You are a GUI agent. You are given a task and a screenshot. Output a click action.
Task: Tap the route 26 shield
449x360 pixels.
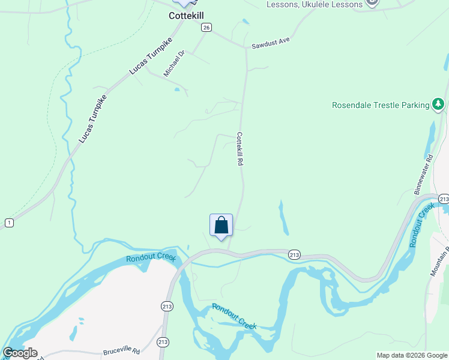[x=206, y=27]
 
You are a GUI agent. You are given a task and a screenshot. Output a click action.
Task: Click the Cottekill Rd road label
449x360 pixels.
[x=240, y=149]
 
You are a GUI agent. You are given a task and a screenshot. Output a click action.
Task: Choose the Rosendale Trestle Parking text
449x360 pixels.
[x=381, y=105]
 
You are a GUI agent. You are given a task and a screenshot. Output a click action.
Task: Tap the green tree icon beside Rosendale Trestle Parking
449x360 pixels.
[x=439, y=105]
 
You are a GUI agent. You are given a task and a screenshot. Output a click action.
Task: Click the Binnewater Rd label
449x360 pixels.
[x=423, y=175]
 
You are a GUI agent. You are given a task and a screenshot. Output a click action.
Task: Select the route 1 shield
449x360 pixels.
[x=9, y=223]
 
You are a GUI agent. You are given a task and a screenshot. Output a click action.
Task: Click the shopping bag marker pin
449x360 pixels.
[x=221, y=226]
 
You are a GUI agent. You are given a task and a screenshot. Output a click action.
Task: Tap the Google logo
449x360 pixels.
[x=20, y=353]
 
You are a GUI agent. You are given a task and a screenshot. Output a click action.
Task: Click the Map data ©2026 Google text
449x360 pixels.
[x=412, y=355]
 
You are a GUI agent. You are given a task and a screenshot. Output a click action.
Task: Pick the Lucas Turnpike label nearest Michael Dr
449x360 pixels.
[x=150, y=55]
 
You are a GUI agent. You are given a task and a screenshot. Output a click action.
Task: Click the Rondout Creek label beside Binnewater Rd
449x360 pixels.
[x=422, y=226]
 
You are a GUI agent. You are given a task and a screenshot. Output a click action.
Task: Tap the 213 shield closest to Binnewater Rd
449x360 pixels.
[x=444, y=199]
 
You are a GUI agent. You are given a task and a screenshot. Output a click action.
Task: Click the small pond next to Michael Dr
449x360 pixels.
[x=176, y=90]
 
